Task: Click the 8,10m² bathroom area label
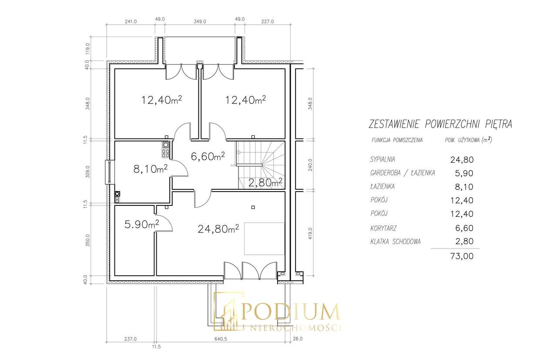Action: click(x=151, y=169)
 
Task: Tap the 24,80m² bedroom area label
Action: click(x=218, y=229)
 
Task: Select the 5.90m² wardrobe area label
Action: click(x=141, y=225)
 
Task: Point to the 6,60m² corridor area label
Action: click(x=208, y=156)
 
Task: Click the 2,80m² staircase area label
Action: click(x=265, y=183)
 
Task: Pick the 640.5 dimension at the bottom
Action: click(x=221, y=339)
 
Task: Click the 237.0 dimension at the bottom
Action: click(x=130, y=339)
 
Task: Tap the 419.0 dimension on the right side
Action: click(x=310, y=233)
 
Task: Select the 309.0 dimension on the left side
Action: click(x=87, y=172)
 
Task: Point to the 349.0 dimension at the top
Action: click(x=200, y=22)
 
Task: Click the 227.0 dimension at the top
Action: click(x=267, y=22)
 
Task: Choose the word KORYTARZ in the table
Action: click(x=383, y=228)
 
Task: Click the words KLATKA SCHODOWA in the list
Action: click(x=396, y=242)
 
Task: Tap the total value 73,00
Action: click(x=462, y=256)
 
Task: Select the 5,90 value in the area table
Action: click(x=464, y=173)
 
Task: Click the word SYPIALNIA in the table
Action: click(x=383, y=159)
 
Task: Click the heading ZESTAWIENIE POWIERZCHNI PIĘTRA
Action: click(x=440, y=124)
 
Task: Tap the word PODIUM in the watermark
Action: click(x=290, y=312)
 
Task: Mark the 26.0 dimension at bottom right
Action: click(x=298, y=339)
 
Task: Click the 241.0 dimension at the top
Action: click(x=131, y=22)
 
